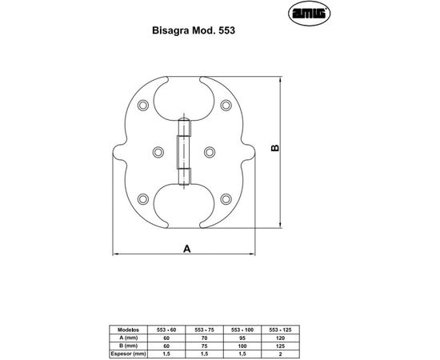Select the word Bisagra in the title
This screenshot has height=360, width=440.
coord(168,34)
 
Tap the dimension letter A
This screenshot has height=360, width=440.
coord(186,249)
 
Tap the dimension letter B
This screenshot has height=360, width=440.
coord(274,150)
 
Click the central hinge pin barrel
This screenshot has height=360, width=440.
coord(184,152)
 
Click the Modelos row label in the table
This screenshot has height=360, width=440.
coord(128,329)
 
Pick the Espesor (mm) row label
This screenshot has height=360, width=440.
coord(128,352)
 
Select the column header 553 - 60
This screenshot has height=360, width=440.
coord(167,329)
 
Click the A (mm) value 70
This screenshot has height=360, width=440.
coord(204,337)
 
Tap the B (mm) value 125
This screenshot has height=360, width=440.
coord(279,344)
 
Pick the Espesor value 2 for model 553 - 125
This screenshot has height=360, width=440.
coord(279,352)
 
